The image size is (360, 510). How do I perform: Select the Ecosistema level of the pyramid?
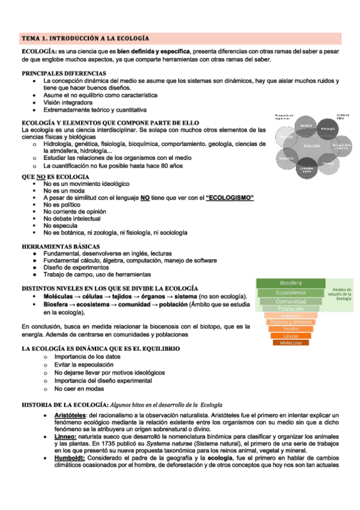pyautogui.click(x=291, y=292)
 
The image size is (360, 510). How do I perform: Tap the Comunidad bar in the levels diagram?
pyautogui.click(x=291, y=301)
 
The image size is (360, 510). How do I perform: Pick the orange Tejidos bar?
pyautogui.click(x=291, y=329)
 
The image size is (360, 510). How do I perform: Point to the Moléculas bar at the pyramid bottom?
pyautogui.click(x=291, y=343)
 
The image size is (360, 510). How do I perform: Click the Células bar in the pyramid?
pyautogui.click(x=291, y=336)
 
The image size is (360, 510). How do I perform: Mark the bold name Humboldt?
pyautogui.click(x=69, y=457)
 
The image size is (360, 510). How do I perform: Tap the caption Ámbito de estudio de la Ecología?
pyautogui.click(x=343, y=294)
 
